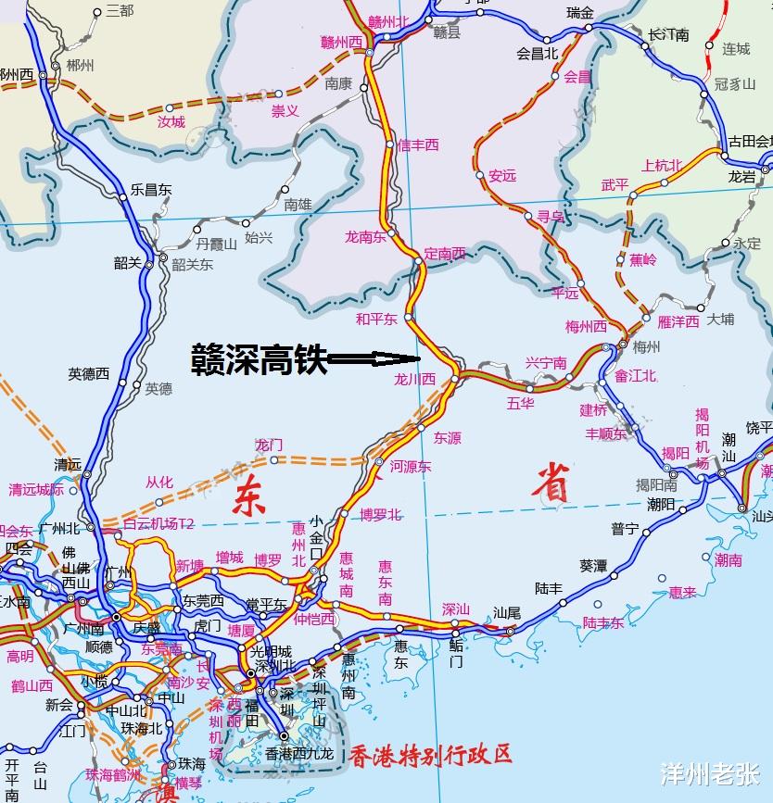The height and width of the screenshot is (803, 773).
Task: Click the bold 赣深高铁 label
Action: [259, 358]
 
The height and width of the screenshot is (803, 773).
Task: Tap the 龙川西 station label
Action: [414, 380]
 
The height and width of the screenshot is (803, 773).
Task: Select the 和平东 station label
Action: [376, 320]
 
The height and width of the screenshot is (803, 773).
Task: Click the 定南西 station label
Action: [445, 253]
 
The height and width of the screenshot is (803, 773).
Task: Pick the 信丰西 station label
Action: [417, 144]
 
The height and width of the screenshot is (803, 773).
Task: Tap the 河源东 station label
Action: [411, 467]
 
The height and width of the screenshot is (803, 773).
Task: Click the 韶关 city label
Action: [128, 263]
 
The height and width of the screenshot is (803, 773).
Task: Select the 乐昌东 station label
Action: [151, 190]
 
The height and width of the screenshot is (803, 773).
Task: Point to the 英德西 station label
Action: [88, 374]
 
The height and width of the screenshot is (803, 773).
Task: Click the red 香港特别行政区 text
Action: [431, 754]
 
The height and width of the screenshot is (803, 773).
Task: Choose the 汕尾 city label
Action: [508, 612]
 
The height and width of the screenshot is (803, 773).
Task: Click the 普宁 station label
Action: [625, 529]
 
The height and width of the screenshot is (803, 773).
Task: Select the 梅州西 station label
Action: [586, 327]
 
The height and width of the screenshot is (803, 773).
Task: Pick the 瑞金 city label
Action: [581, 13]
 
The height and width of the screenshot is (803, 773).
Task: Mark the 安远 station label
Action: [502, 175]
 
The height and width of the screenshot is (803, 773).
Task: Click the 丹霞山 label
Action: [216, 245]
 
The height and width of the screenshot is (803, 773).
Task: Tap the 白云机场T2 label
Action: [158, 524]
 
